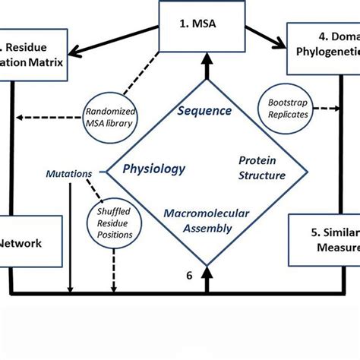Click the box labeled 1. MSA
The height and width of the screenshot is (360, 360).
point(204,24)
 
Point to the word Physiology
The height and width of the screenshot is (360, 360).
point(154,169)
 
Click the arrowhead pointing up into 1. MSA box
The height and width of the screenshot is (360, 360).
point(204,54)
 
